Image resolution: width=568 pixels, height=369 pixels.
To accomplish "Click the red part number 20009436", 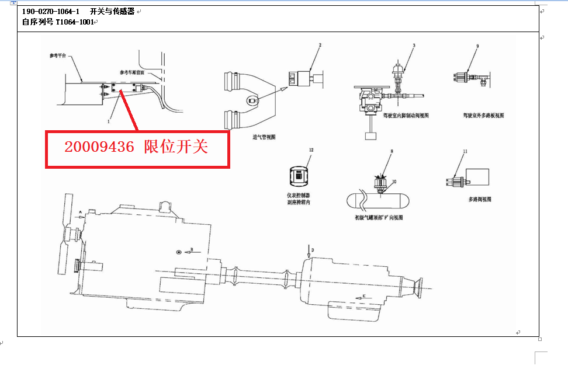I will [x=99, y=147].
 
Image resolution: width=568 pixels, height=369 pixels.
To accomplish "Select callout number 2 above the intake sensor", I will [x=320, y=45].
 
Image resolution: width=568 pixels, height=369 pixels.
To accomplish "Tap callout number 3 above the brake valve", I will [x=413, y=45].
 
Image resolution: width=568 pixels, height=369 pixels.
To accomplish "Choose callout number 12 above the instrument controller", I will [x=311, y=151].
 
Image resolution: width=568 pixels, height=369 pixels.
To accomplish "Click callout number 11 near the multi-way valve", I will [x=465, y=151].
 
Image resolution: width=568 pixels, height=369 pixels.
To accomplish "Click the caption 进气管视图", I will [x=264, y=137].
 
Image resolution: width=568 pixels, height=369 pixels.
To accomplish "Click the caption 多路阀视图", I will [x=480, y=199].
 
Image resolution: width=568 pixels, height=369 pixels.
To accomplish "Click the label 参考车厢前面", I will [x=132, y=72].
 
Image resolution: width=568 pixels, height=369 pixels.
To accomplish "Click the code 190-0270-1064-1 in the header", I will [x=51, y=12].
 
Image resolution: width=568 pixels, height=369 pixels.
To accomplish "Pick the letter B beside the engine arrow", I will [x=191, y=250].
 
